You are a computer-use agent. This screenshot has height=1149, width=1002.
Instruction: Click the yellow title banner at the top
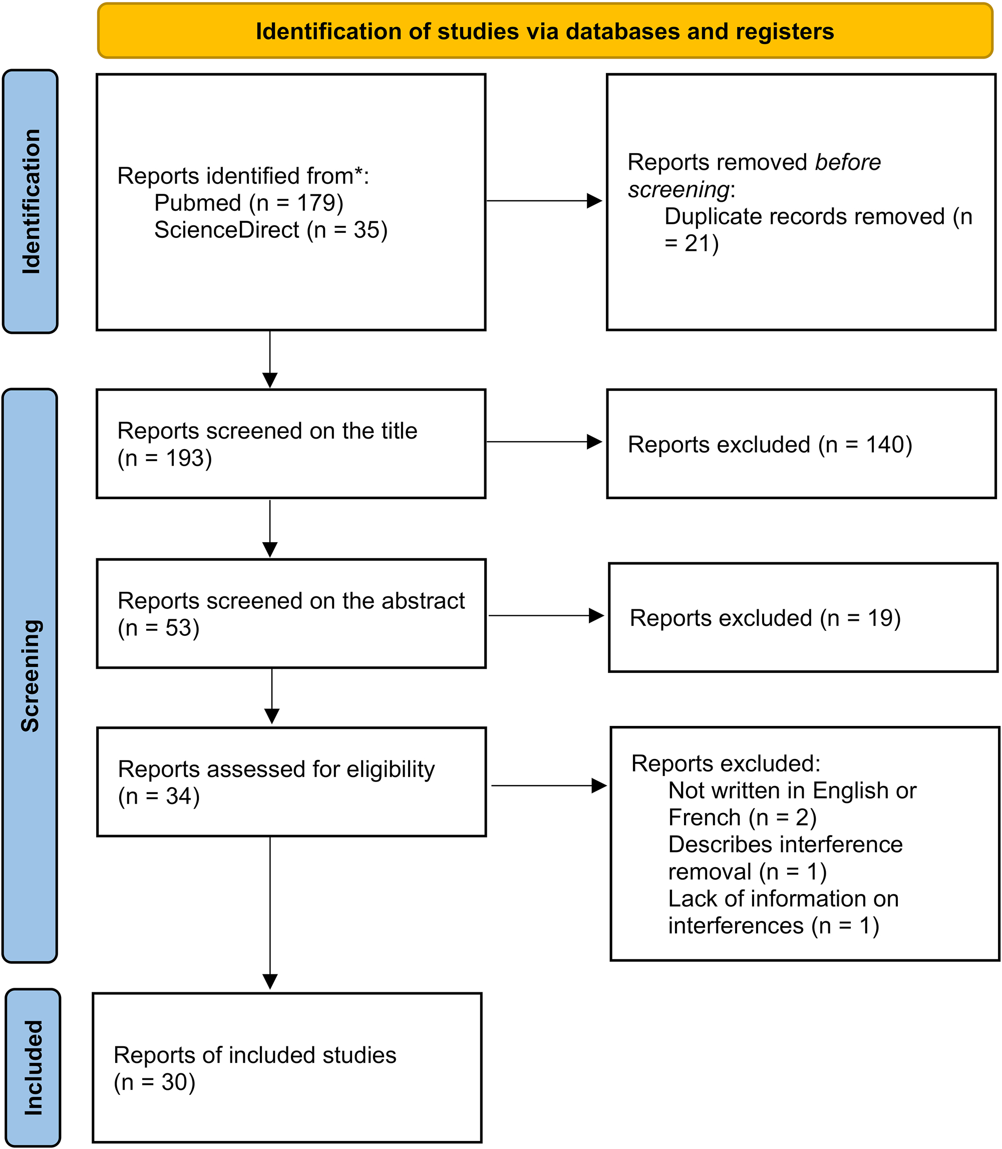[x=545, y=32]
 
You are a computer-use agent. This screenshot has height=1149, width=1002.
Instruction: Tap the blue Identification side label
[x=30, y=201]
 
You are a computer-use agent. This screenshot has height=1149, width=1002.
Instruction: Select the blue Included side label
[x=33, y=1067]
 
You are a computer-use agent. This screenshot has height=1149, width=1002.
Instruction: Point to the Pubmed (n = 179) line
[x=248, y=203]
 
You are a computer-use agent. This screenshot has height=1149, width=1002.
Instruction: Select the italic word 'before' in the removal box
[x=847, y=163]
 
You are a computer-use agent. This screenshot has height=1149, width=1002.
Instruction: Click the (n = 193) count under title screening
[x=164, y=459]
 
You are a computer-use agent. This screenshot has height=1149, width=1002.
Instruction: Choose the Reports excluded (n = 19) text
[x=765, y=618]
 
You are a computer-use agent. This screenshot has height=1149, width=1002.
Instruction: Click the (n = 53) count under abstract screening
[x=158, y=628]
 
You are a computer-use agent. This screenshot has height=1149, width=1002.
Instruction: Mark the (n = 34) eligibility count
[x=159, y=797]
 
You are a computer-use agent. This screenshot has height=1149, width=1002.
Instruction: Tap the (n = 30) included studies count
[x=154, y=1082]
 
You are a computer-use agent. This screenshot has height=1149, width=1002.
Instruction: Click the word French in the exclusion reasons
[x=704, y=818]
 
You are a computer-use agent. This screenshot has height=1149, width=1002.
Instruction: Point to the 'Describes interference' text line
[x=785, y=845]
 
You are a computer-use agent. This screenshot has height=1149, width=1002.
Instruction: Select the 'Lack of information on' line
[x=783, y=899]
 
